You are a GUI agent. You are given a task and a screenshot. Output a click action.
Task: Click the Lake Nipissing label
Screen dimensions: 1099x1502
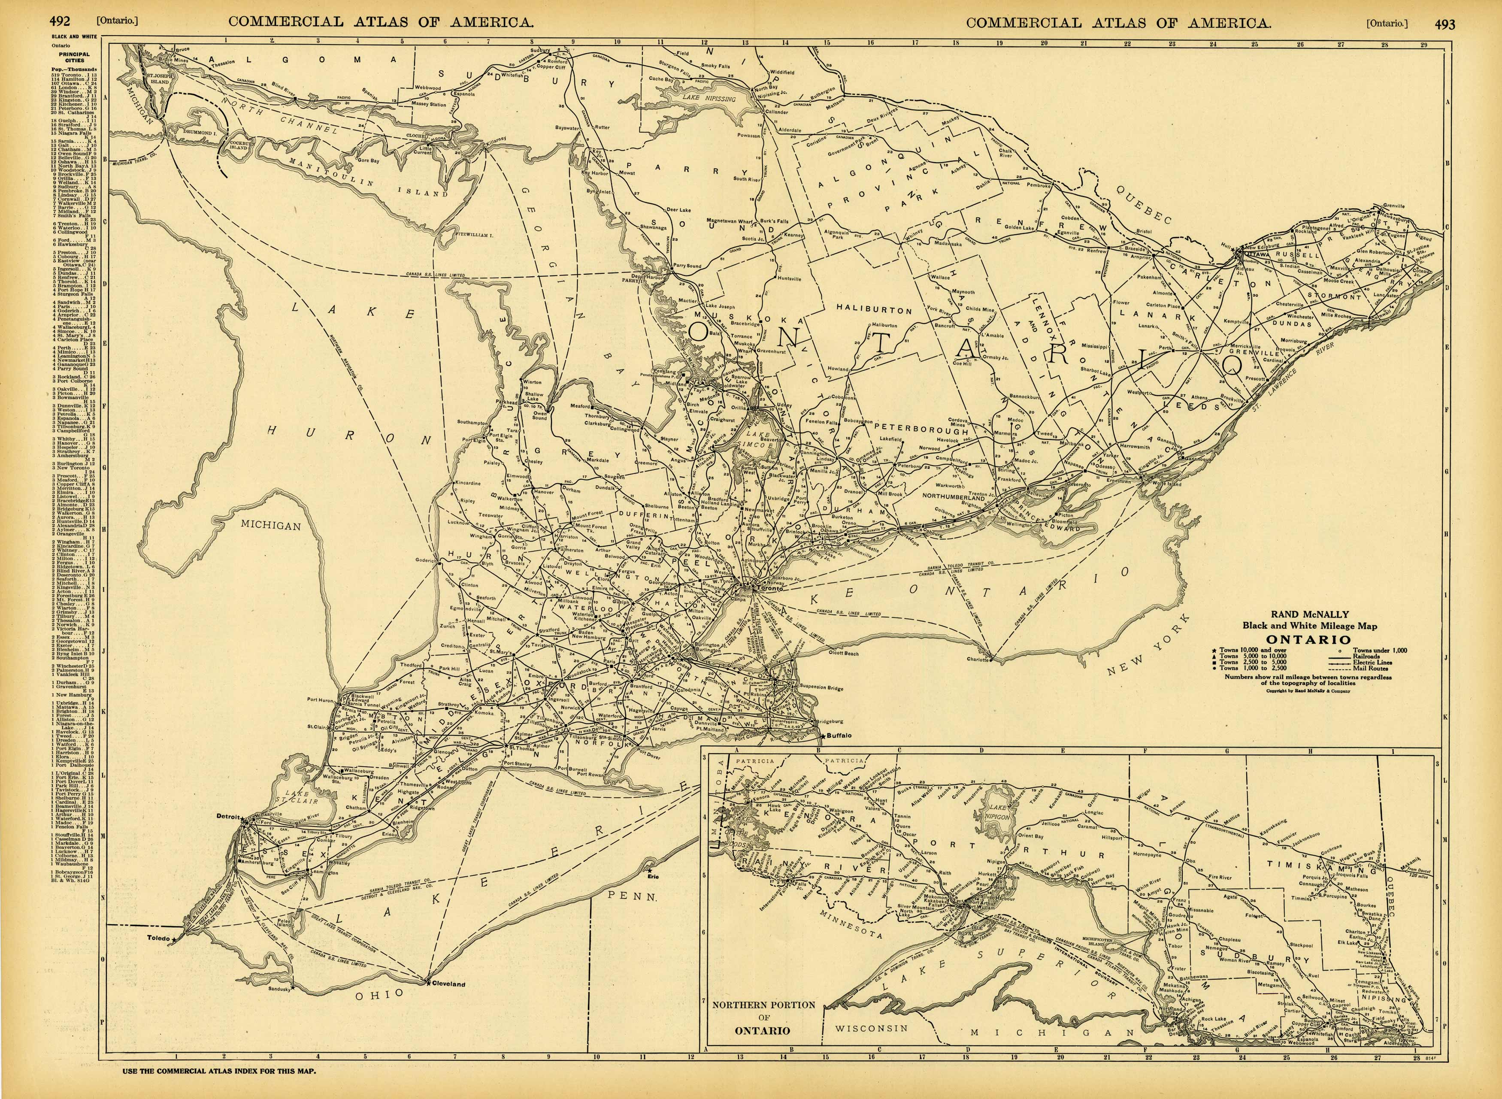click(x=709, y=98)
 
